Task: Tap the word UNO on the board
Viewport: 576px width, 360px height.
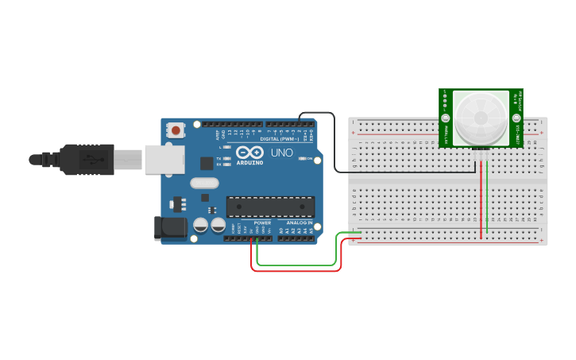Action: (282, 153)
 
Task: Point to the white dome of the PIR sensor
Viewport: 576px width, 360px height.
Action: (481, 118)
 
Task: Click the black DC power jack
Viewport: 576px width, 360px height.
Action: (170, 229)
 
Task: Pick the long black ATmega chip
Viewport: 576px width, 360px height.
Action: (269, 207)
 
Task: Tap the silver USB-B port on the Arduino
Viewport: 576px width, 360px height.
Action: (164, 159)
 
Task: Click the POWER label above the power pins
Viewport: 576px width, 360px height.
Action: (262, 223)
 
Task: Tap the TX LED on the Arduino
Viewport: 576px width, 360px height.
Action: (228, 158)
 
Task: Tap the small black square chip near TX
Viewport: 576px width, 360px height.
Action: (207, 164)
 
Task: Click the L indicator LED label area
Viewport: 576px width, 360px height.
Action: (222, 147)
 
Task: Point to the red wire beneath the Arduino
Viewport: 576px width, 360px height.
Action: (294, 271)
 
